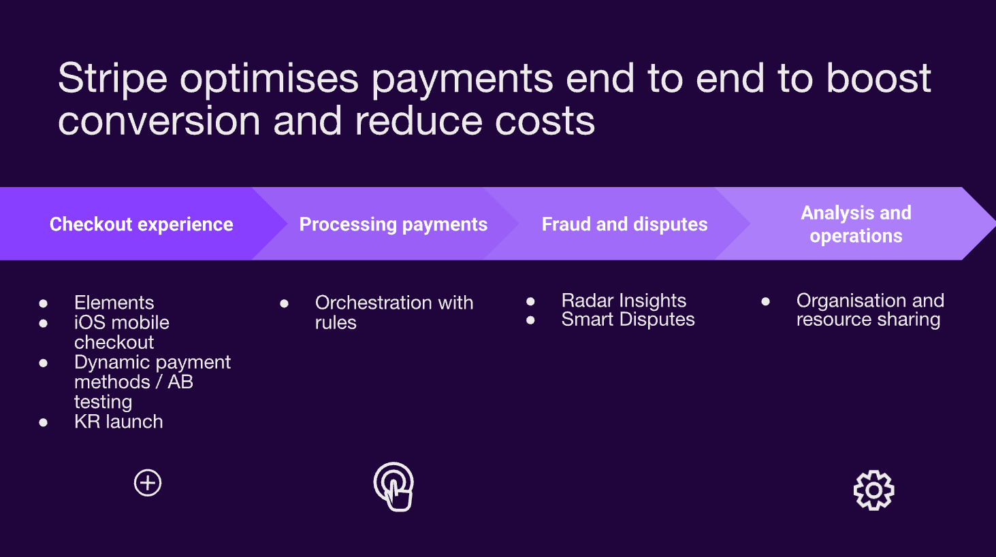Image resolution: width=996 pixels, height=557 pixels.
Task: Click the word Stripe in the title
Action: point(112,79)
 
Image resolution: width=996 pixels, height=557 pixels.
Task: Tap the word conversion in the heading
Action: point(159,122)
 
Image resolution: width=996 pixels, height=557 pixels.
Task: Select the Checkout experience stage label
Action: point(142,224)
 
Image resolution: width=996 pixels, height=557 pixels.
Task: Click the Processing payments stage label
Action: point(393,224)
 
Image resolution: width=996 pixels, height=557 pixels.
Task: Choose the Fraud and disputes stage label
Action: point(624,224)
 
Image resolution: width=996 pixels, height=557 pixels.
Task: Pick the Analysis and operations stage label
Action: point(856,224)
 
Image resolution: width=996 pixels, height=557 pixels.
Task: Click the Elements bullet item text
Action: point(114,303)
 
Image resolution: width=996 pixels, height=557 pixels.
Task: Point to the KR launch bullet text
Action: point(118,422)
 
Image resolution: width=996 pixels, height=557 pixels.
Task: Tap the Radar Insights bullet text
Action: point(624,301)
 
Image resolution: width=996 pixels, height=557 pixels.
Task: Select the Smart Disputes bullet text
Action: point(628,320)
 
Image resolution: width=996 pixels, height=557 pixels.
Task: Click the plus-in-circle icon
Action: point(148,483)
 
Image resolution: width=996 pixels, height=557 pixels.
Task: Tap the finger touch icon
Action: point(394,487)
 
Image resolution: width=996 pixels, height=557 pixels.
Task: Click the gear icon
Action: point(873,490)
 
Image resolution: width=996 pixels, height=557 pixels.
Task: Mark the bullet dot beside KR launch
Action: point(44,422)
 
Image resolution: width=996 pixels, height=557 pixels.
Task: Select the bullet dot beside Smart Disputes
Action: point(530,320)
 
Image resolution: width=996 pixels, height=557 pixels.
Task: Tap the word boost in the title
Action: point(878,79)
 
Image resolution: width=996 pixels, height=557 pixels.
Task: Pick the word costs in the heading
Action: point(545,122)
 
